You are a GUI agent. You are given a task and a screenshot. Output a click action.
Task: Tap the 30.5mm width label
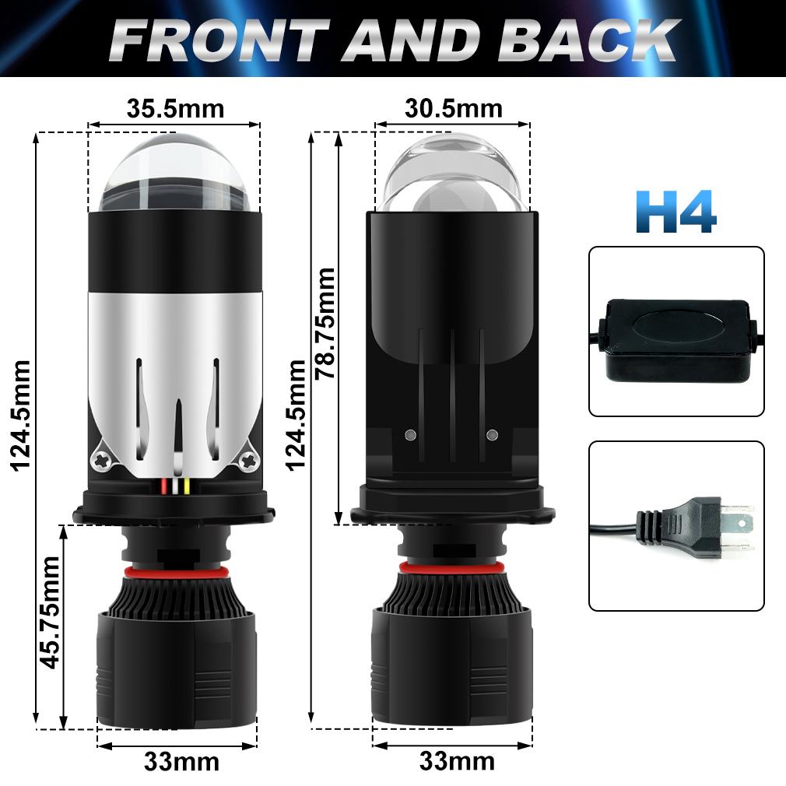[453, 107]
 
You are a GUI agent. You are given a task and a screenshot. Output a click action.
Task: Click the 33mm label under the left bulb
[181, 760]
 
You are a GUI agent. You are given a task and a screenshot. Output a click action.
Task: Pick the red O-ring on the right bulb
[453, 571]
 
